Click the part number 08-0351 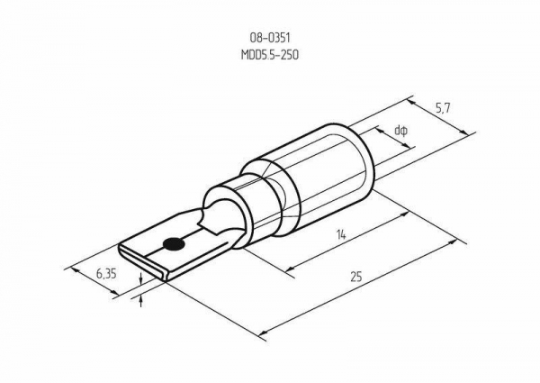pyautogui.click(x=270, y=37)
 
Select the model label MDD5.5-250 pyautogui.click(x=270, y=55)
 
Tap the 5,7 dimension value pyautogui.click(x=443, y=109)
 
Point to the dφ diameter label pyautogui.click(x=401, y=131)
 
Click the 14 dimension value pyautogui.click(x=341, y=235)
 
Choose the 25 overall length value pyautogui.click(x=356, y=277)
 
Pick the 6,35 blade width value pyautogui.click(x=106, y=274)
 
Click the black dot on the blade pyautogui.click(x=174, y=244)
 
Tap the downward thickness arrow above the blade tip pyautogui.click(x=140, y=278)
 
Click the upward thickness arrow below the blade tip pyautogui.click(x=140, y=301)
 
